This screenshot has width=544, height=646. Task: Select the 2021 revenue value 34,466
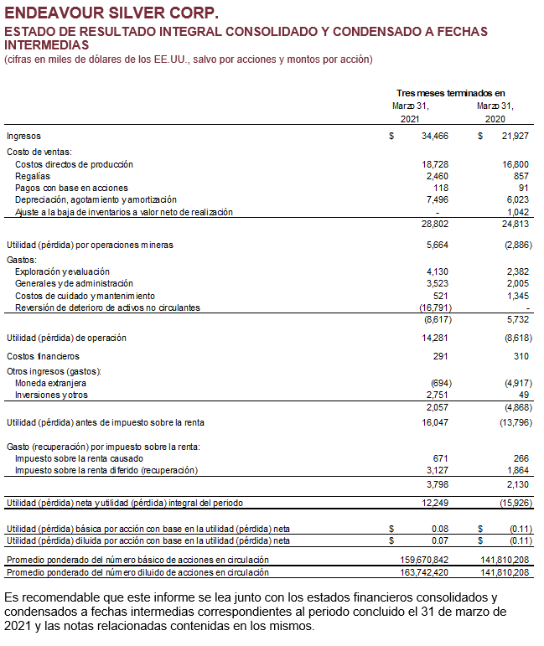pyautogui.click(x=435, y=136)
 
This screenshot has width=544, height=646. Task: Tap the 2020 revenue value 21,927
pyautogui.click(x=515, y=136)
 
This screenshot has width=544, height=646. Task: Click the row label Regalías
pyautogui.click(x=34, y=177)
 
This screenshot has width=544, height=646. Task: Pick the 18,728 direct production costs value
pyautogui.click(x=435, y=165)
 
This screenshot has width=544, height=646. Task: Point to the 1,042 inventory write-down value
pyautogui.click(x=517, y=212)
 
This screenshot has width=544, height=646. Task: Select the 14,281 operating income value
pyautogui.click(x=435, y=339)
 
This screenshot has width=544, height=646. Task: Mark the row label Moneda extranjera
pyautogui.click(x=51, y=383)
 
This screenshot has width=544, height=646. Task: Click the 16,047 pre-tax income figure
pyautogui.click(x=435, y=422)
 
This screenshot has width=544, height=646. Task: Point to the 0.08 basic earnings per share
pyautogui.click(x=440, y=529)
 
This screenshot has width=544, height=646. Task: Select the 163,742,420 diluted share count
pyautogui.click(x=424, y=572)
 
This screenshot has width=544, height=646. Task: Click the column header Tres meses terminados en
pyautogui.click(x=450, y=93)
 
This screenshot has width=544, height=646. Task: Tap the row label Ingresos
pyautogui.click(x=23, y=136)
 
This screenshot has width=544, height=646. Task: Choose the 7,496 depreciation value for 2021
pyautogui.click(x=438, y=200)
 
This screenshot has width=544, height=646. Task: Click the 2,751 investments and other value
pyautogui.click(x=438, y=395)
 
